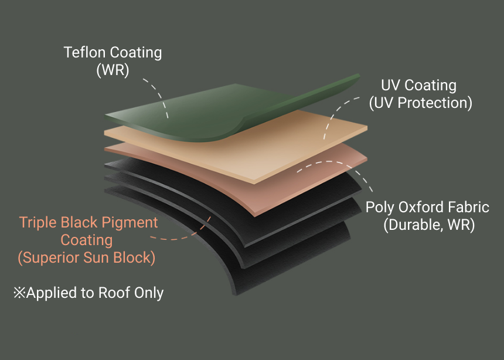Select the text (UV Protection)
point(420,103)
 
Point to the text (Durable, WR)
point(428,225)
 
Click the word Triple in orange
point(37,223)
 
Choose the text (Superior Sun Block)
point(87,257)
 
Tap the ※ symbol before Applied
point(19,293)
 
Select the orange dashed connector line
point(188,235)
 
